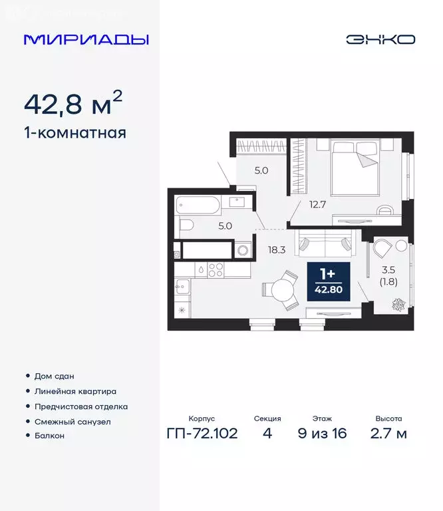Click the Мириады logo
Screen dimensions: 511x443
(x=86, y=39)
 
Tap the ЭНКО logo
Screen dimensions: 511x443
(x=380, y=39)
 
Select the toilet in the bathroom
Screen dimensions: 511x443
(x=186, y=225)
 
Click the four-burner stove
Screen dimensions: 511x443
(x=216, y=269)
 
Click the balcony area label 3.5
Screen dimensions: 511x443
(x=388, y=270)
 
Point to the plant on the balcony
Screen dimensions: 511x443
(x=398, y=305)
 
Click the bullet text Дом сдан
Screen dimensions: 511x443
(x=53, y=376)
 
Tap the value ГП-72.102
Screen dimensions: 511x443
(x=202, y=434)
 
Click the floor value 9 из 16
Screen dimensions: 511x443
(x=323, y=434)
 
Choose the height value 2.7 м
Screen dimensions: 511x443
(x=388, y=434)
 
